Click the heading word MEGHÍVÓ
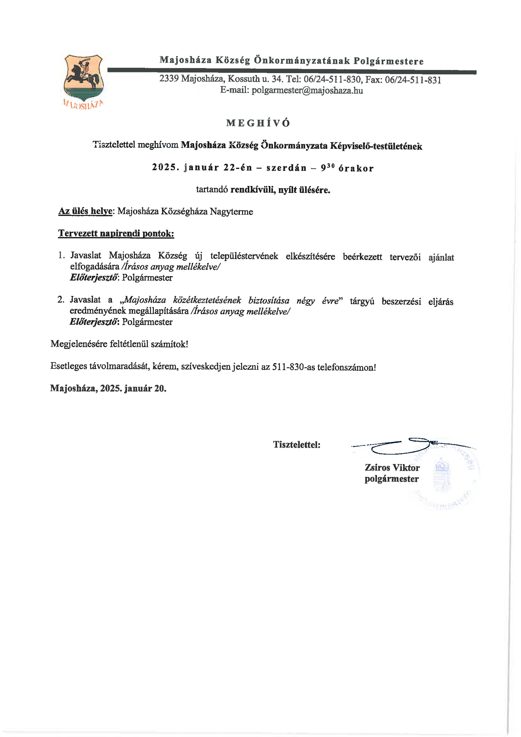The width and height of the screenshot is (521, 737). pos(258,123)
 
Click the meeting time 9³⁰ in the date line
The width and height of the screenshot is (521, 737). pos(327,168)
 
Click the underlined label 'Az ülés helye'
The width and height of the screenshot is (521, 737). pos(85,211)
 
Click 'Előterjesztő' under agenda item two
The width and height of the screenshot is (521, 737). pos(93,322)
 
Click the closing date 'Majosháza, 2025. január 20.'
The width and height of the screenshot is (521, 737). pos(108,388)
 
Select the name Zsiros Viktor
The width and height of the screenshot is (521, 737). pos(392,467)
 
